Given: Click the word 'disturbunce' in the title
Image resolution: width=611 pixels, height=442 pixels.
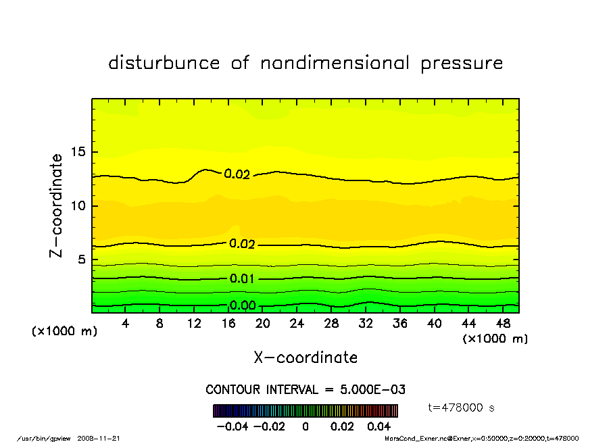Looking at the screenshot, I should [164, 64].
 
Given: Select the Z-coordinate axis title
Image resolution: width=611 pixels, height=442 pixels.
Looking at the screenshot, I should [57, 205].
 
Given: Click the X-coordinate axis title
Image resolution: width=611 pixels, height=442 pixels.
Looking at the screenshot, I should [305, 358].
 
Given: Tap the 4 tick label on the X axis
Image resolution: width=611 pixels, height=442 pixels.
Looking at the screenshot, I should [126, 324].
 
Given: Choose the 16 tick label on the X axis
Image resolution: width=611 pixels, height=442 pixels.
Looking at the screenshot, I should [228, 324].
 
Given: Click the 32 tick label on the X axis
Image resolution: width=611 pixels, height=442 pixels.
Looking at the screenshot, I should [366, 324].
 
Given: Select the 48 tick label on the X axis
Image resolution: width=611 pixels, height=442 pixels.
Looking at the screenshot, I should [503, 324].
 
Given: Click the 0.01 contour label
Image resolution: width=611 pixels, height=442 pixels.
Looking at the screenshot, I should [242, 278].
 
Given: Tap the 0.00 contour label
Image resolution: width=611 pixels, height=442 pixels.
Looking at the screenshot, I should [242, 305].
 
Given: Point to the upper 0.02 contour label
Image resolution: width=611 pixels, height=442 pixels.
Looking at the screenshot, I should [237, 174].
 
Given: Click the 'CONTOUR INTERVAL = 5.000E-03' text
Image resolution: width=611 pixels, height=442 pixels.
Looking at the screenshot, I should [305, 390].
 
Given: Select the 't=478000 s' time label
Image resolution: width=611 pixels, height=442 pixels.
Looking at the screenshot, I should [462, 408].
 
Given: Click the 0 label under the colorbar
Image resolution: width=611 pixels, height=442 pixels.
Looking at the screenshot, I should [305, 427].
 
